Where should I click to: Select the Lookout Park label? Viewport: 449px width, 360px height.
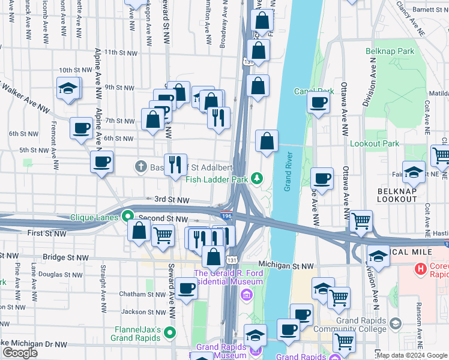tap(374, 144)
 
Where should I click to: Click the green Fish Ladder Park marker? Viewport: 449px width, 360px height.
tap(257, 178)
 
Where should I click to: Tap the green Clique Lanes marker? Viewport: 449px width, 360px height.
tap(127, 215)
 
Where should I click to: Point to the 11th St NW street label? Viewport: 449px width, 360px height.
tap(118, 52)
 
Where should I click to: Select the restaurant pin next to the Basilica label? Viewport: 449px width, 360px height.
tap(175, 164)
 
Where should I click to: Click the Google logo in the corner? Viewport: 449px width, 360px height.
tap(20, 353)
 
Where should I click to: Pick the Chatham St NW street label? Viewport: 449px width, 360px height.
tap(142, 294)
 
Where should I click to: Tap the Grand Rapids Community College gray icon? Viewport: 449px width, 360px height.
tap(395, 324)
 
